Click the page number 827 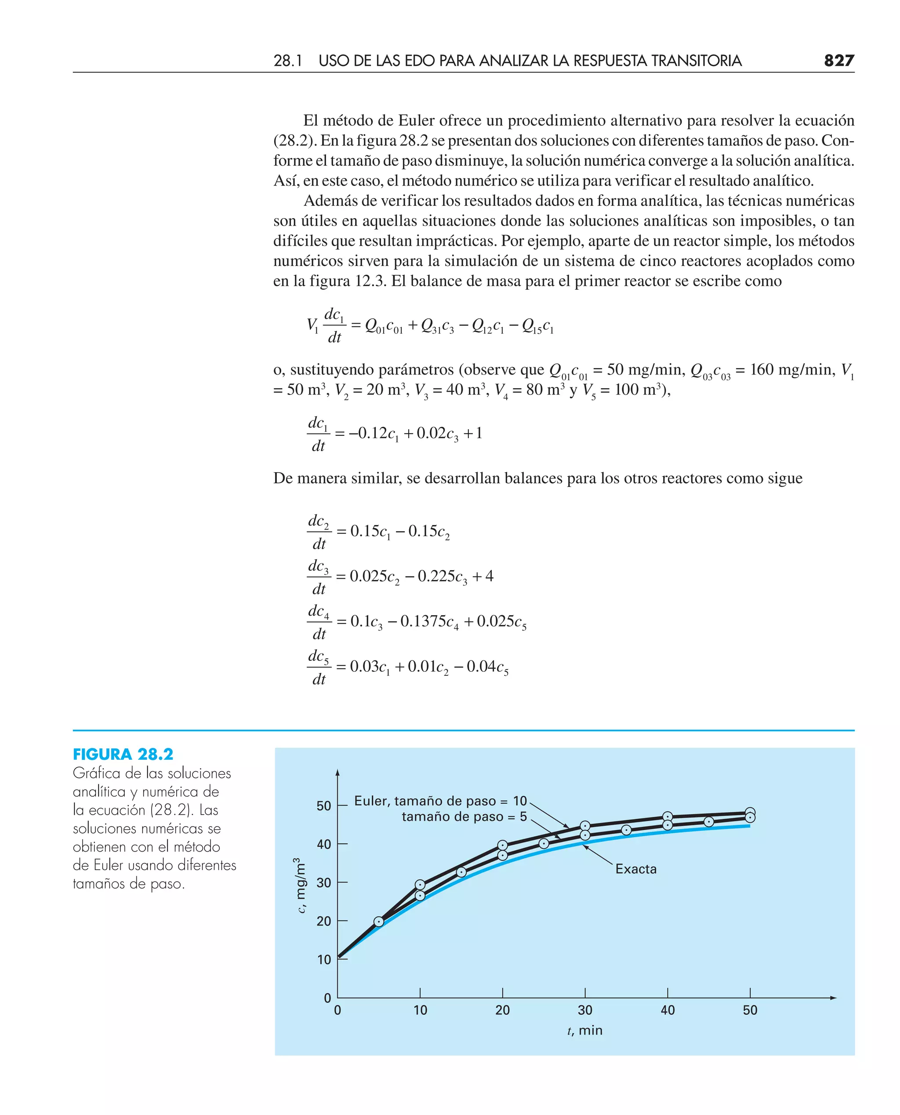838,61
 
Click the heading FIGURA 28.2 123,754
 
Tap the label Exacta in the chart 635,869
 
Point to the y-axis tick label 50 323,805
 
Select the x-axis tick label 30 585,1010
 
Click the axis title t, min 585,1031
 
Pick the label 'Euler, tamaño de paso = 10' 440,801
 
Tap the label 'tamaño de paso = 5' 464,817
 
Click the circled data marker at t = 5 379,922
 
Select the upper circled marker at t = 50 750,813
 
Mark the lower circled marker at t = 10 420,896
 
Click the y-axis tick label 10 323,959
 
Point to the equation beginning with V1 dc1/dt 430,326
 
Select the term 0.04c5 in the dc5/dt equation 487,667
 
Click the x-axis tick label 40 667,1010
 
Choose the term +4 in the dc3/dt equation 484,576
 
